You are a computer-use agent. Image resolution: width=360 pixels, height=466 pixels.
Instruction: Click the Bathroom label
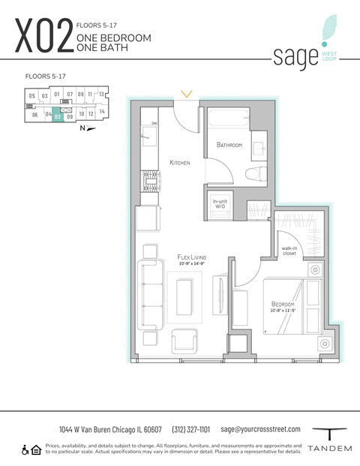[x=229, y=145]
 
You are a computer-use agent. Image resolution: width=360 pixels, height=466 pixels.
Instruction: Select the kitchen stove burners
[x=150, y=179]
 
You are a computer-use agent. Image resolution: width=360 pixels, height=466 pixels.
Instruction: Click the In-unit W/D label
[x=220, y=203]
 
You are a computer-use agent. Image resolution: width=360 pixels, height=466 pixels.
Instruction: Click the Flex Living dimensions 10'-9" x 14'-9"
[x=193, y=264]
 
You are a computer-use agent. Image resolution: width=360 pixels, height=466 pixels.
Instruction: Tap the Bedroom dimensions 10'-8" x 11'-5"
[x=287, y=311]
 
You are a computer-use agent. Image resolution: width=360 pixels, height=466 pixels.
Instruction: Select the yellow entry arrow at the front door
[x=187, y=95]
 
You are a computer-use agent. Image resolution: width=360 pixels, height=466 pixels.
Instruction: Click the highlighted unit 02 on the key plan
[x=58, y=116]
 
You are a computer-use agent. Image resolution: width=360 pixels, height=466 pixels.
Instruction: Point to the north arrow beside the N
[x=91, y=128]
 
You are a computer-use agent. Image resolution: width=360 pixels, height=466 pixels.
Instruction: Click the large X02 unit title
[x=43, y=38]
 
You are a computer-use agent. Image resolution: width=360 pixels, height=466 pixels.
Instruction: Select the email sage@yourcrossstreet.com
[x=260, y=429]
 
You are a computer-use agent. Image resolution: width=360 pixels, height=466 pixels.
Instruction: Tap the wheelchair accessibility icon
[x=25, y=449]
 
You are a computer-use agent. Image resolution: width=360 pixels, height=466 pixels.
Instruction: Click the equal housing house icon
[x=37, y=449]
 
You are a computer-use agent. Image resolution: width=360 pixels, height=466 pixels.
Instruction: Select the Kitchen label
[x=180, y=162]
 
